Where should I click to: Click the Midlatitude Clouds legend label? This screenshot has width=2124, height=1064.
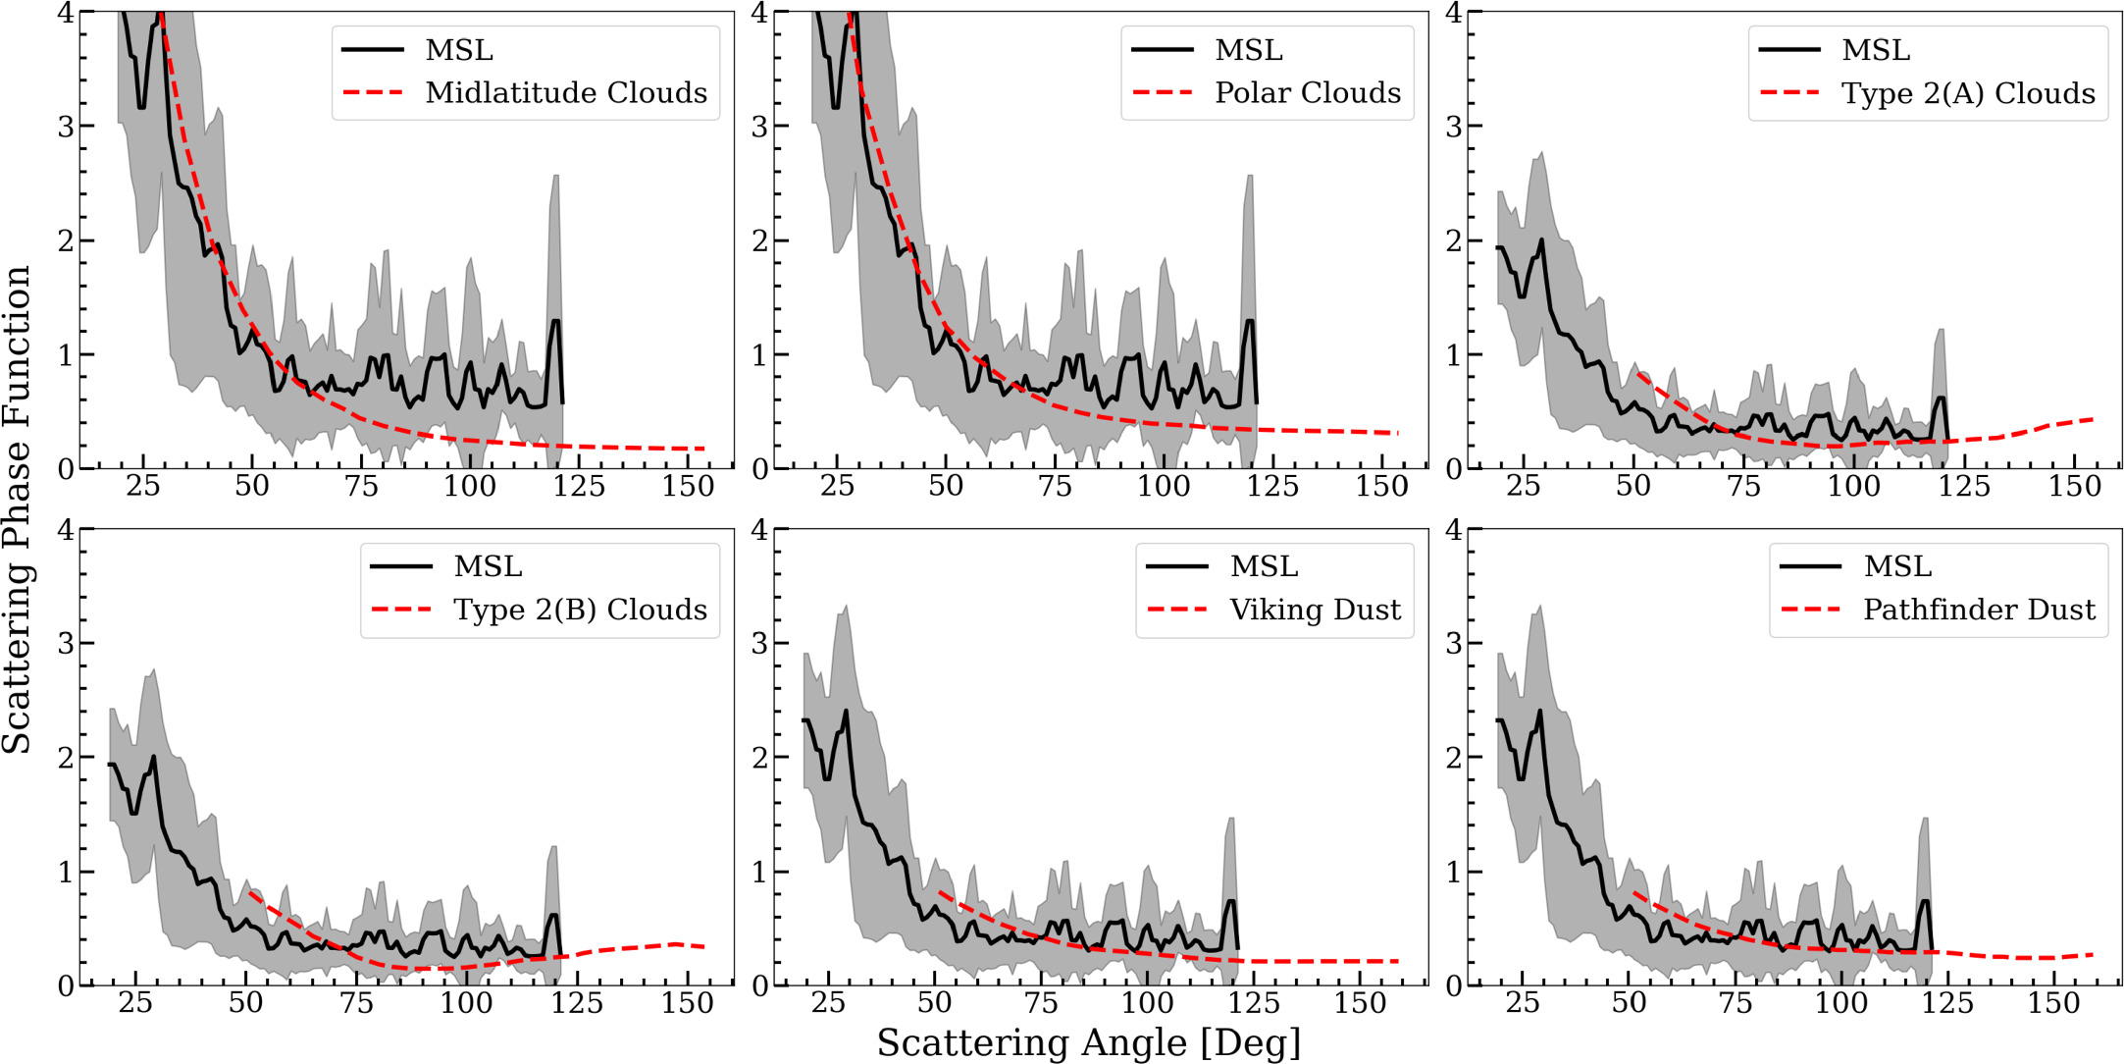(566, 93)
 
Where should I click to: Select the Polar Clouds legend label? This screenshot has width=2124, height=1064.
(1308, 93)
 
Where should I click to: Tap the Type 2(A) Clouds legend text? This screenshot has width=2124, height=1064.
(1968, 93)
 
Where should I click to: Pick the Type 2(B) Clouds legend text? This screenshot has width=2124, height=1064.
(580, 610)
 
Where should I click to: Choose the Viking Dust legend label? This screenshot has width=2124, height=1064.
(1315, 610)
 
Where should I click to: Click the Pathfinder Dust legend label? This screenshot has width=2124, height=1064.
(1979, 610)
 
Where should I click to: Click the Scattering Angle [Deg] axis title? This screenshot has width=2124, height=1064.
(1089, 1042)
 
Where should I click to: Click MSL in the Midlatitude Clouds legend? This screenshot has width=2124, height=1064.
(459, 50)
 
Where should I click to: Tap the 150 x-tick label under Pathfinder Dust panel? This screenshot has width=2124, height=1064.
(2053, 1003)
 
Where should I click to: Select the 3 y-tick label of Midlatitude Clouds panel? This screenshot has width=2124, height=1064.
(66, 127)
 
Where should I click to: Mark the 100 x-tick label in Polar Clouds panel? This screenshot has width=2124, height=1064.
(1164, 486)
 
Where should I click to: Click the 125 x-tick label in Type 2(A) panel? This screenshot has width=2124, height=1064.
(1964, 486)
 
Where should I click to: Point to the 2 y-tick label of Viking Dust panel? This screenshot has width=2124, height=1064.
(759, 758)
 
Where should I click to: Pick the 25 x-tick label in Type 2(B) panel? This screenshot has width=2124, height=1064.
(135, 1003)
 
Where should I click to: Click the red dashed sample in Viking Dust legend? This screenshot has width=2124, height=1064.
(1177, 610)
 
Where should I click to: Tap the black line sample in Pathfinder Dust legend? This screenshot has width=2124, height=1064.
(1811, 566)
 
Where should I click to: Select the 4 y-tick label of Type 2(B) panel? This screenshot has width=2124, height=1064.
(66, 530)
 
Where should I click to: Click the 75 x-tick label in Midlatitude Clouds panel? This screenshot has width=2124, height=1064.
(361, 486)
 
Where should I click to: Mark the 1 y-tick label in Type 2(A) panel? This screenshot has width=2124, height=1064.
(1454, 355)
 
